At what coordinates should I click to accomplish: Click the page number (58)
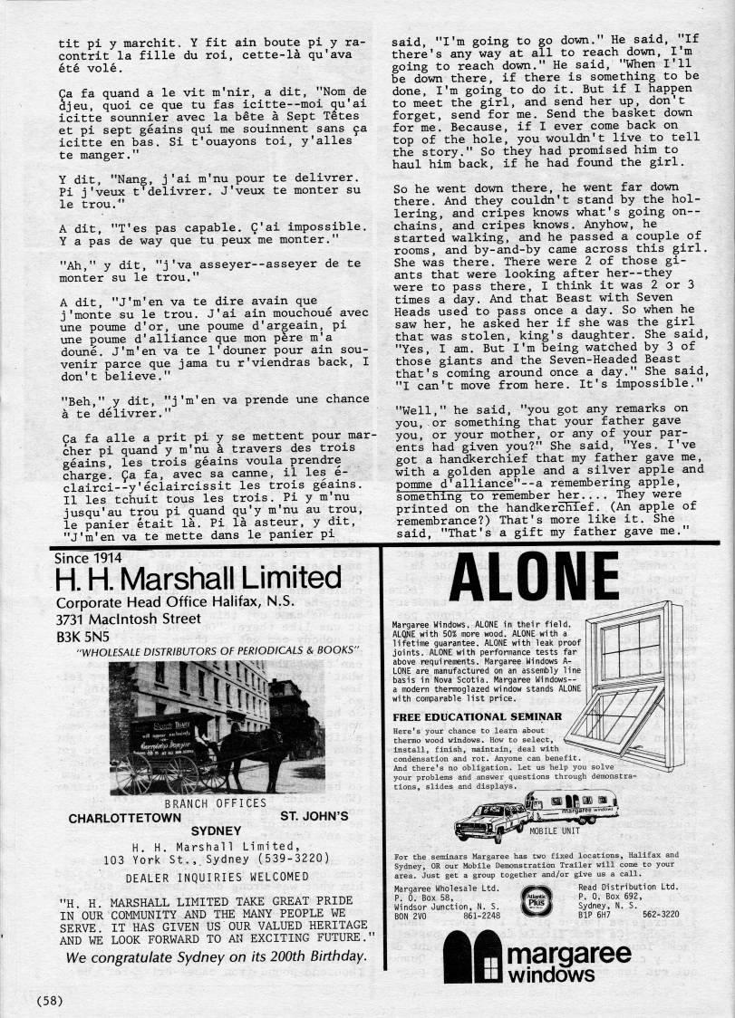pos(50,1000)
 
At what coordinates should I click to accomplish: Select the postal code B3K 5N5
pos(82,635)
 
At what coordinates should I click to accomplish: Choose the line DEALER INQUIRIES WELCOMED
pos(204,877)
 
